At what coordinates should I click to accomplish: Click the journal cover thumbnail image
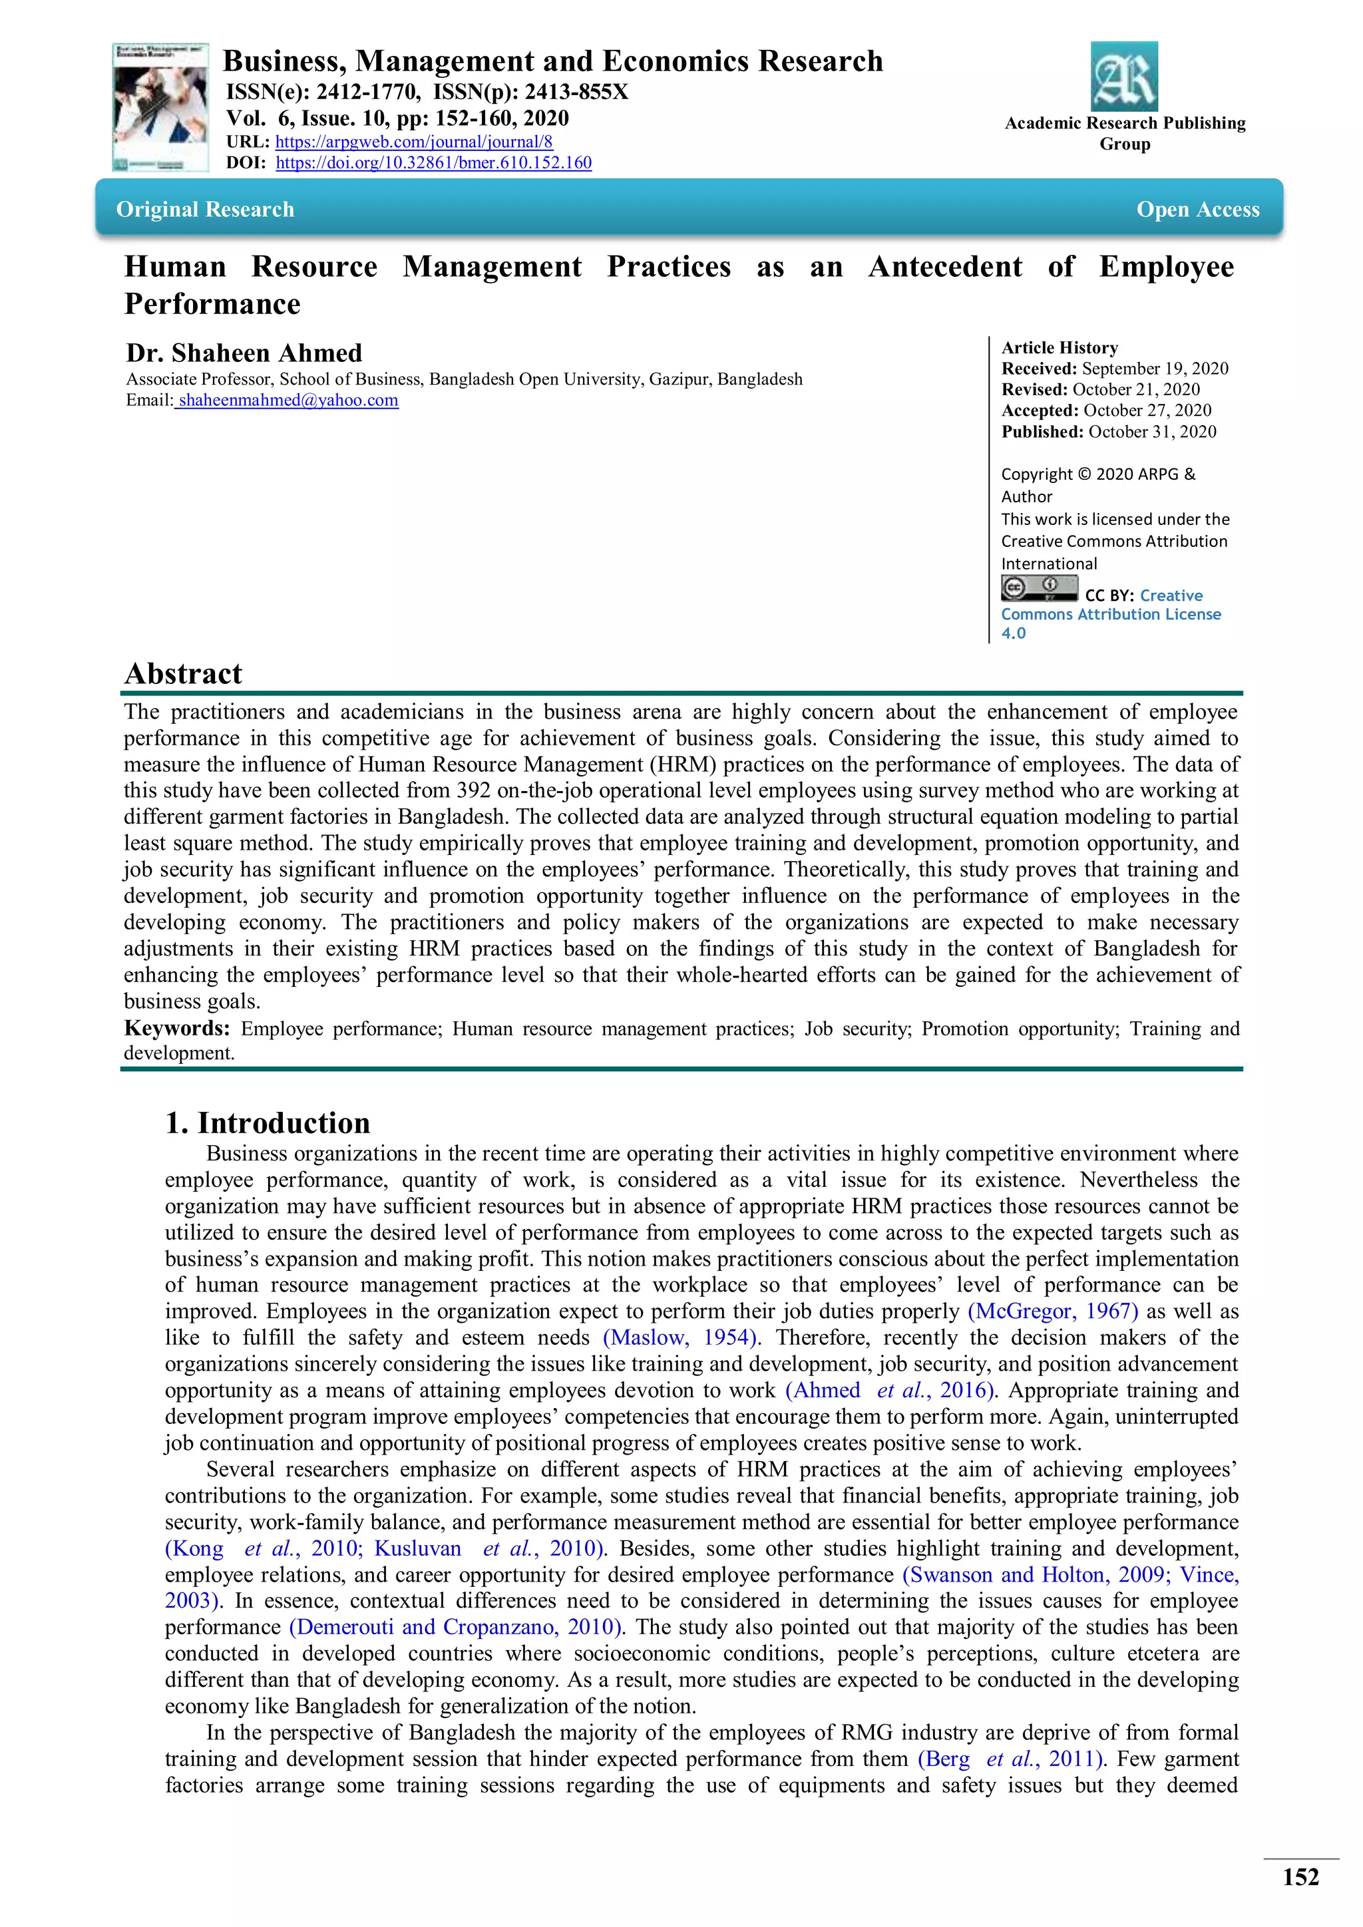pos(160,107)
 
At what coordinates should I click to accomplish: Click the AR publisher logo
pos(1124,77)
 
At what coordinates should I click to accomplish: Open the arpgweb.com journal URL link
pos(414,142)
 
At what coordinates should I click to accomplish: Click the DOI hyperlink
pos(433,163)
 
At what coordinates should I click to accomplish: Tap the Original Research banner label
pos(206,209)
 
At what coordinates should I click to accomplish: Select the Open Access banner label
pos(1198,209)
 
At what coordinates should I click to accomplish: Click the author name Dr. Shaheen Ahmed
pos(244,353)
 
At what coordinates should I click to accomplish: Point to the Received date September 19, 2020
pos(1154,369)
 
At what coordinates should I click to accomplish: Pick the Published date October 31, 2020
pos(1151,431)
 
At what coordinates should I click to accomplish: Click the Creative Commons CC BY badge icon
pos(1038,588)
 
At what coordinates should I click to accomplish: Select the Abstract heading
pos(183,673)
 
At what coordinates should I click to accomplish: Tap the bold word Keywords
pos(176,1028)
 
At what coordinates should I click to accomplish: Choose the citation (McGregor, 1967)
pos(1052,1311)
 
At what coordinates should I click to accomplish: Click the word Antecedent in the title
pos(945,266)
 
